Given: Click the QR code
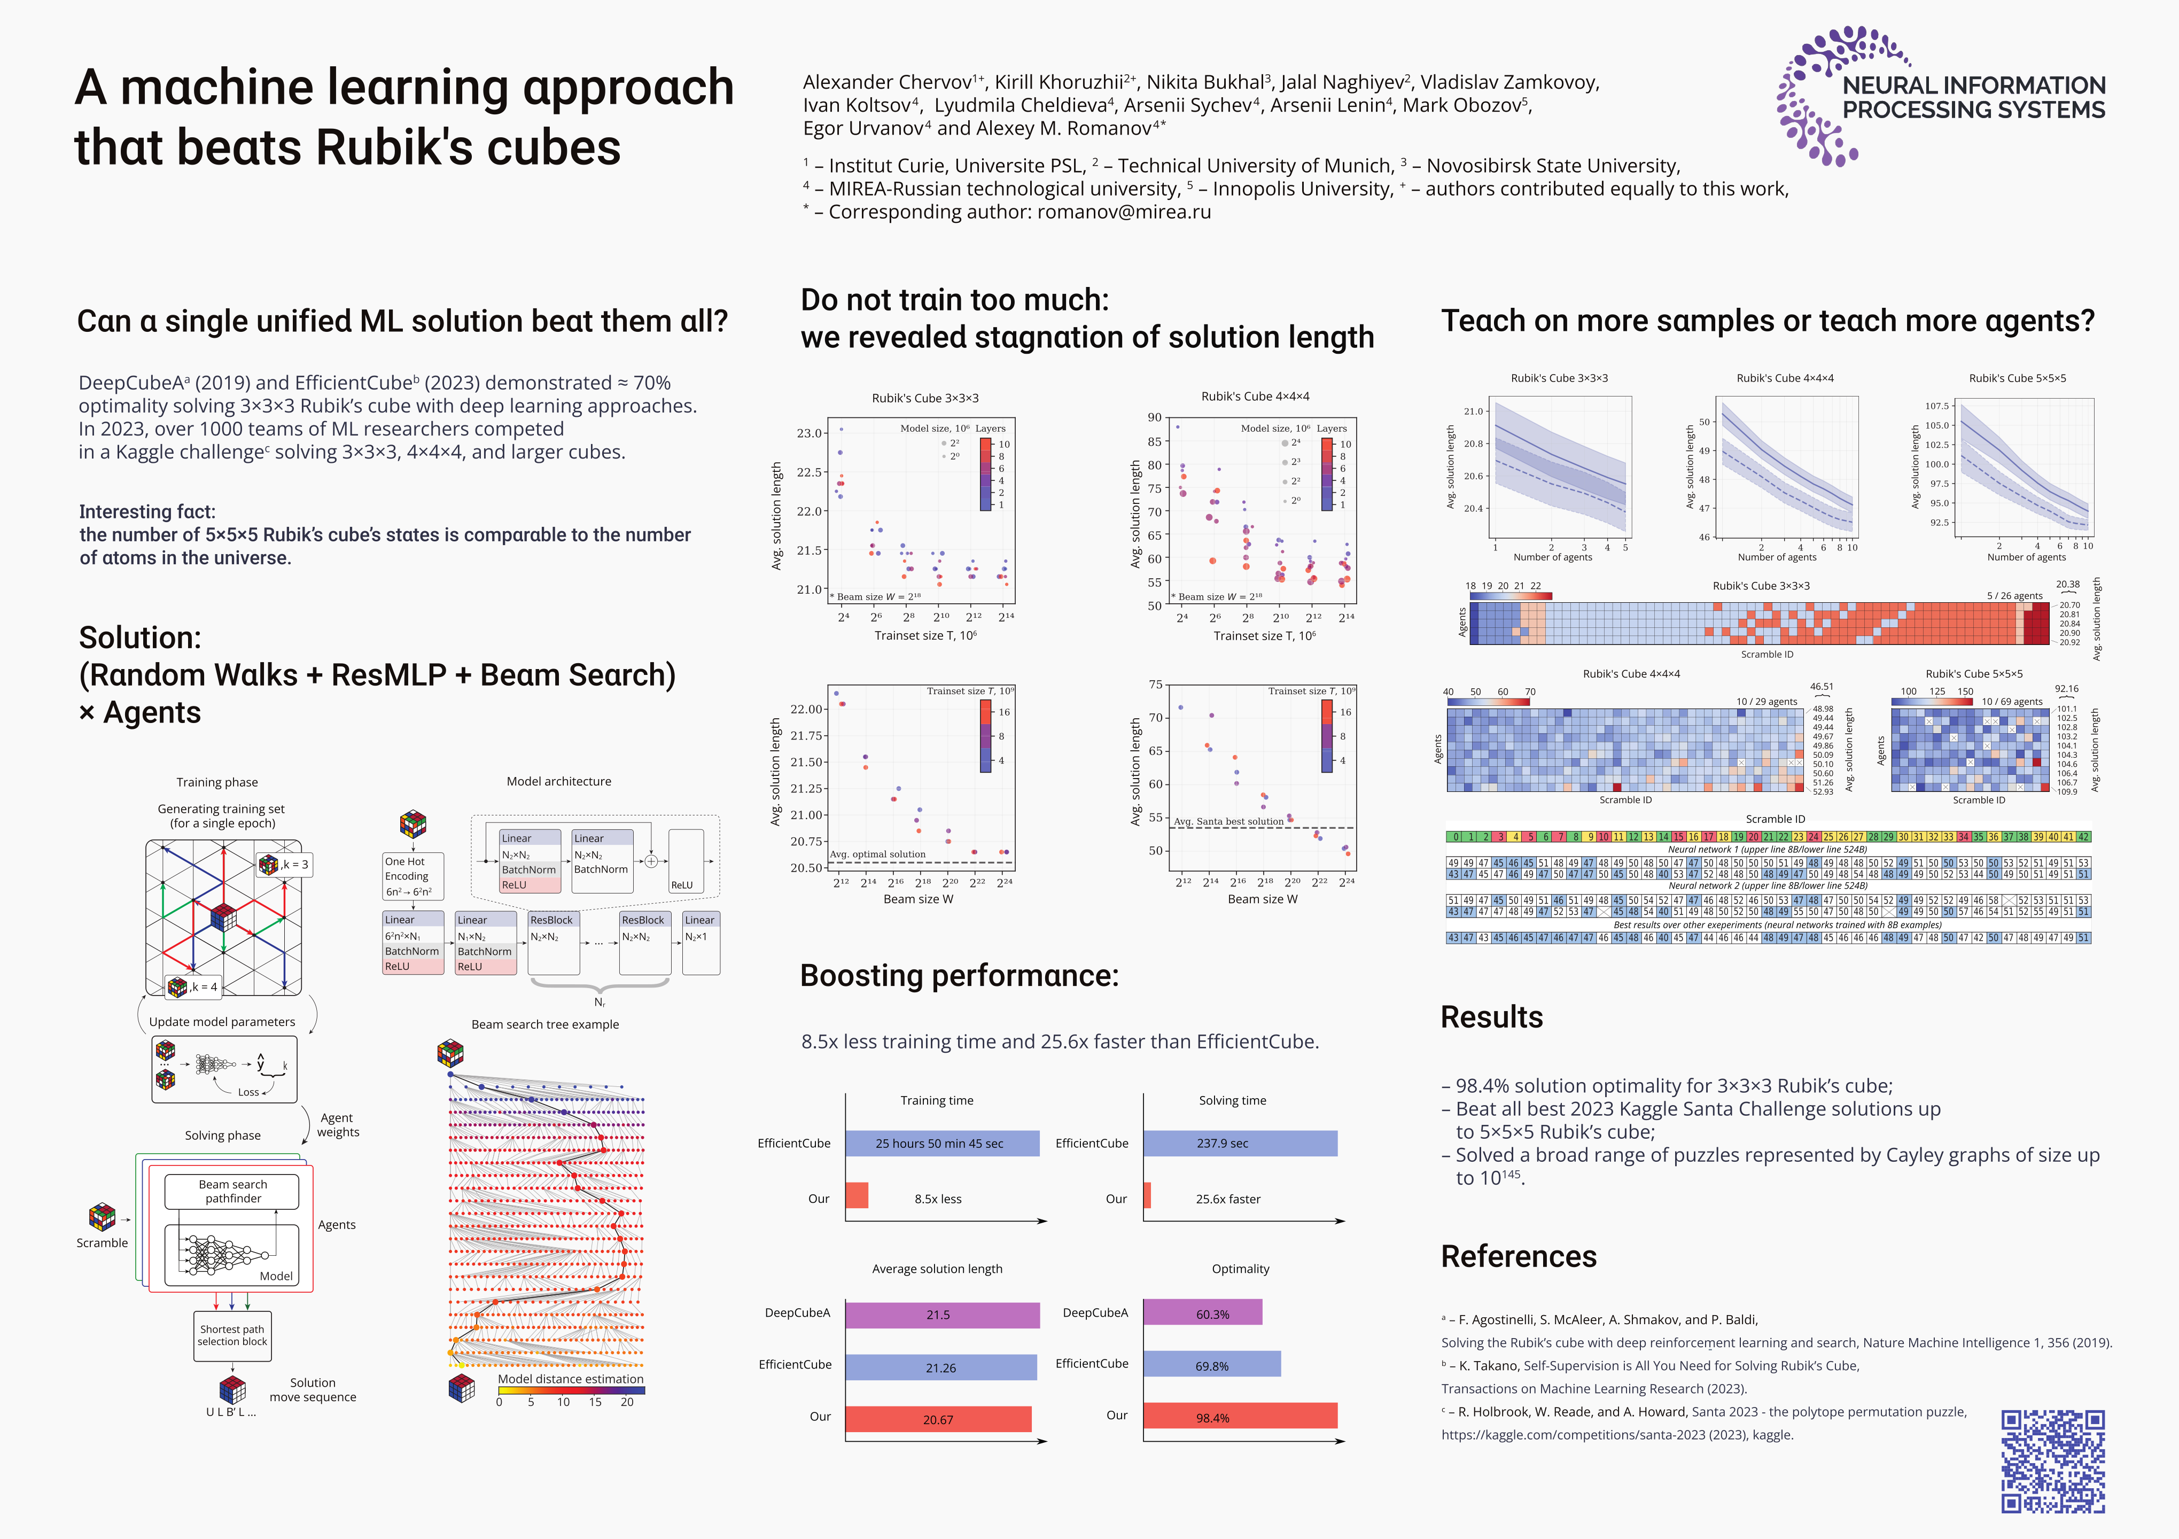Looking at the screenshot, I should tap(2053, 1460).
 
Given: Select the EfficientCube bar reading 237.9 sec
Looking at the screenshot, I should tap(1240, 1144).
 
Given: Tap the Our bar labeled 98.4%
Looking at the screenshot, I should tap(1240, 1417).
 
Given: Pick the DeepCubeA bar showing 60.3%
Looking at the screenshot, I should tap(1202, 1313).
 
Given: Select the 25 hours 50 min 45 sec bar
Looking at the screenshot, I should tap(941, 1144).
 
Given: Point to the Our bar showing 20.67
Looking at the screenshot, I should tap(938, 1419).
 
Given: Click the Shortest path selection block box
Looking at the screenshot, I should tap(232, 1336).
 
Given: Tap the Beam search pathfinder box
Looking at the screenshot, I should tap(232, 1192).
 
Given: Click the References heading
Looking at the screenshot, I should tap(1519, 1256).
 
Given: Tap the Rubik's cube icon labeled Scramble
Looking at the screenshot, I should tap(102, 1216).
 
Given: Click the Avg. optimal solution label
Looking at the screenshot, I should tap(878, 854).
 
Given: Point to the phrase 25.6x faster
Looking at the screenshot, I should tap(1228, 1199).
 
